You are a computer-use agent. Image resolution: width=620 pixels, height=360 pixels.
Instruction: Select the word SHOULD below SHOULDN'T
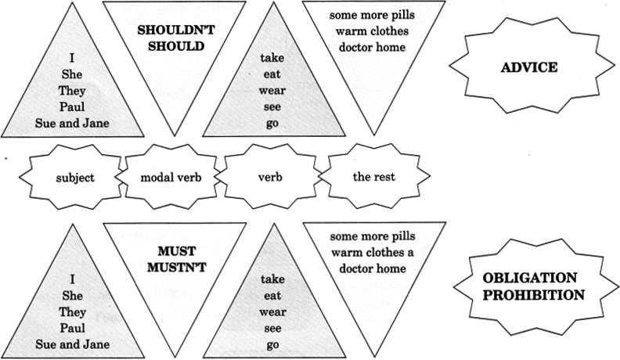point(171,45)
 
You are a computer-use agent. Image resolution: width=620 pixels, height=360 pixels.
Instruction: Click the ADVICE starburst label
point(528,67)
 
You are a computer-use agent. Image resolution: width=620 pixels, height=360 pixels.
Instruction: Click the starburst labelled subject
point(75,177)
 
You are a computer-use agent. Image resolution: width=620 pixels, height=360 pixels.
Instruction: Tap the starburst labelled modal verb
point(171,177)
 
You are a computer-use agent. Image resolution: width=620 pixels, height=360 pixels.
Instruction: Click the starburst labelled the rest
point(373,177)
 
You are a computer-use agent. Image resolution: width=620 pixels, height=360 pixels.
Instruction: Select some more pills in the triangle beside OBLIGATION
point(373,236)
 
